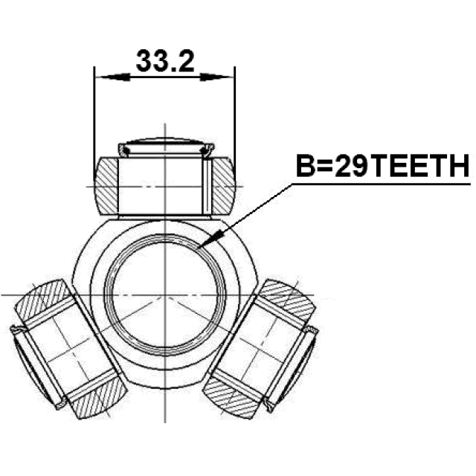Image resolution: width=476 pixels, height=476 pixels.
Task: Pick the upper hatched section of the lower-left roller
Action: pyautogui.click(x=42, y=299)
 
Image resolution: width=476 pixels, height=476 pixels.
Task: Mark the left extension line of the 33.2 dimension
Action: pyautogui.click(x=94, y=112)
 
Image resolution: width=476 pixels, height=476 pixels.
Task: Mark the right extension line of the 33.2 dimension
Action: pyautogui.click(x=235, y=112)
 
